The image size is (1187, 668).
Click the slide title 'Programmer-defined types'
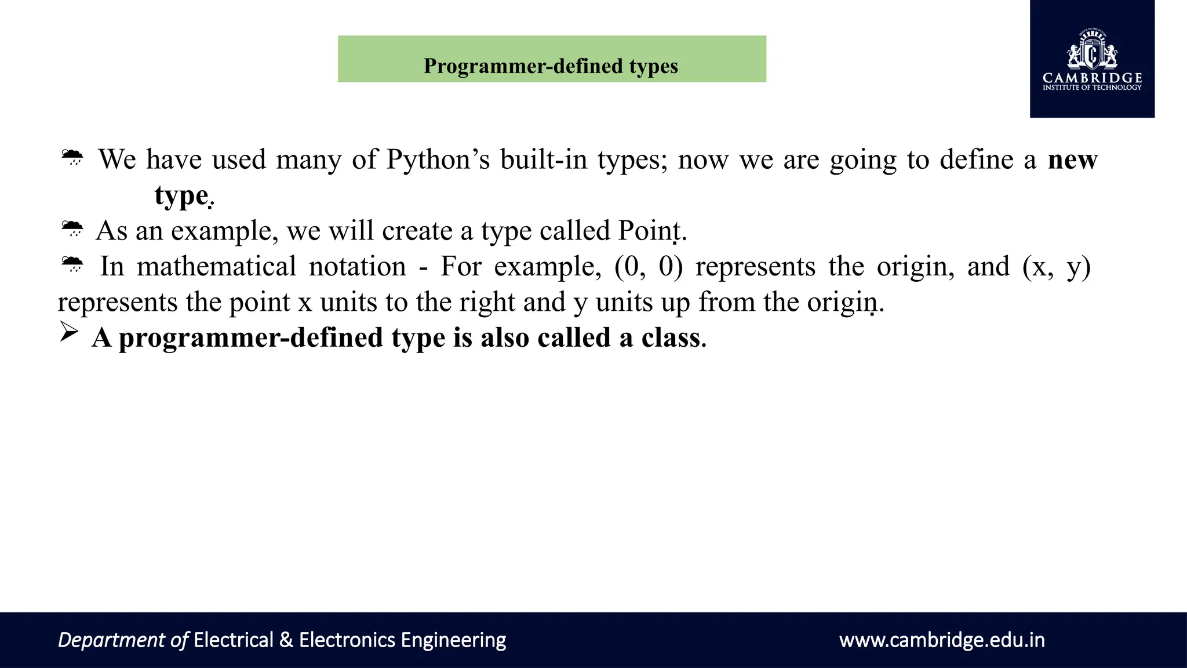pyautogui.click(x=551, y=66)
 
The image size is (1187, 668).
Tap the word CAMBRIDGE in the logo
pyautogui.click(x=1092, y=78)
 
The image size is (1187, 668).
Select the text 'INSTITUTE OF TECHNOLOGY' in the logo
pyautogui.click(x=1092, y=88)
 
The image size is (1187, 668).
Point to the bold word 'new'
pyautogui.click(x=1072, y=160)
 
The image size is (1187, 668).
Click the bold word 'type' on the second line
pyautogui.click(x=181, y=196)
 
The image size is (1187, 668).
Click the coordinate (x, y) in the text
pyautogui.click(x=1056, y=267)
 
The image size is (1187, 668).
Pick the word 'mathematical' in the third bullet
pyautogui.click(x=216, y=267)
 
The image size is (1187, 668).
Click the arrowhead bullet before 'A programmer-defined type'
pyautogui.click(x=69, y=332)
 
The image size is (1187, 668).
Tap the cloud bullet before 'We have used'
pyautogui.click(x=72, y=157)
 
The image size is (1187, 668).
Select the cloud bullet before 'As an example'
pyautogui.click(x=72, y=228)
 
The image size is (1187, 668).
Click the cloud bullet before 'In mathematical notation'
pyautogui.click(x=72, y=264)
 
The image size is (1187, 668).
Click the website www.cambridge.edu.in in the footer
pyautogui.click(x=942, y=640)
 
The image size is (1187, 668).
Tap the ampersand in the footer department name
pyautogui.click(x=286, y=640)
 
